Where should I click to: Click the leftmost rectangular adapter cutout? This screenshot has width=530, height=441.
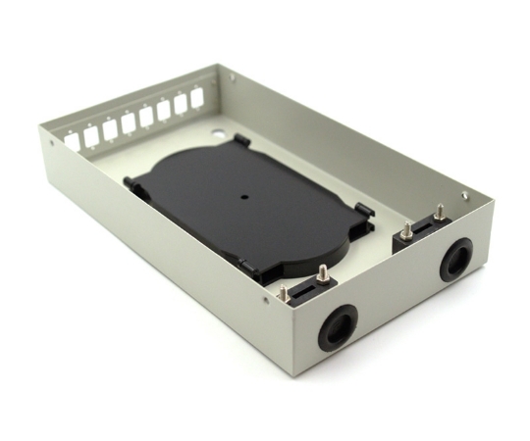click(73, 142)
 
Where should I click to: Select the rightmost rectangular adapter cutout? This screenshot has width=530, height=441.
click(196, 98)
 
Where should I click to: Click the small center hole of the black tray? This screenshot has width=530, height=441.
click(244, 195)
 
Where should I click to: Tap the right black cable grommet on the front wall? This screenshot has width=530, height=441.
click(455, 260)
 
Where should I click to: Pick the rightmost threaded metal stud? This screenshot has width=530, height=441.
click(440, 211)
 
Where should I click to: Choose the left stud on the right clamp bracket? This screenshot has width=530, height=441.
click(406, 231)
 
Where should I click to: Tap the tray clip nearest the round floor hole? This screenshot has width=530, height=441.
click(240, 143)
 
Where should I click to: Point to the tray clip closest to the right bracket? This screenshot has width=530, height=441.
click(363, 210)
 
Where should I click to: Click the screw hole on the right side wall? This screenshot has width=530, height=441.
click(464, 195)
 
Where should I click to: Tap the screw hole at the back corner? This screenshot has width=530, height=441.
click(232, 75)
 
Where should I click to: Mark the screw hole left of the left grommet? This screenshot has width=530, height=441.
click(266, 302)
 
